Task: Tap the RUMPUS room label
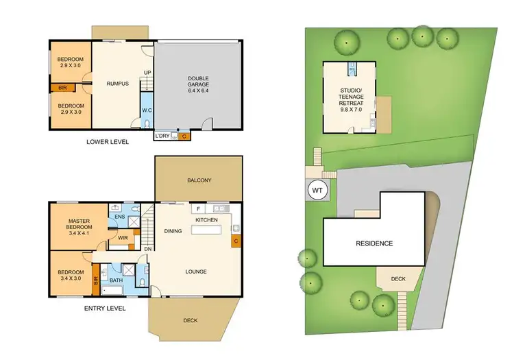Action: (117, 84)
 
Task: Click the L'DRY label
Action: (162, 136)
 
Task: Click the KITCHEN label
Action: (208, 219)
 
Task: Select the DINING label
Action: (173, 231)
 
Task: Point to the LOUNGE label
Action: (195, 272)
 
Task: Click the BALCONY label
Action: (199, 180)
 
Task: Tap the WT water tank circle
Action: (318, 190)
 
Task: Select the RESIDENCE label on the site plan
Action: (374, 243)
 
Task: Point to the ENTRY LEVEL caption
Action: (104, 309)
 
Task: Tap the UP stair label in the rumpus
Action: (147, 72)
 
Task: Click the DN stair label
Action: (147, 249)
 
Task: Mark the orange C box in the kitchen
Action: (236, 241)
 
